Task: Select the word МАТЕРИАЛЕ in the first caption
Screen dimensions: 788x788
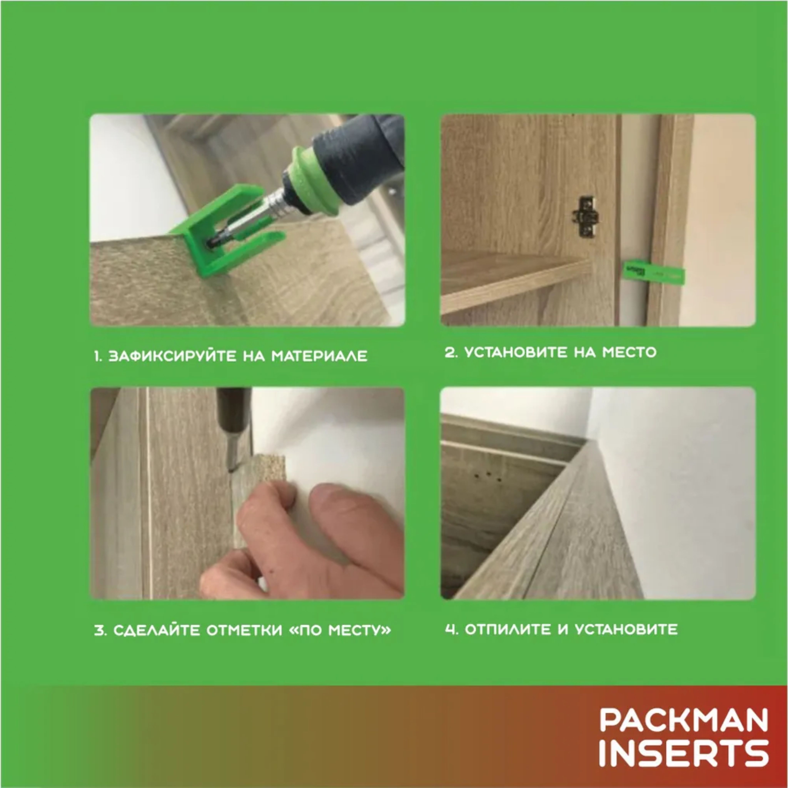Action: coord(319,356)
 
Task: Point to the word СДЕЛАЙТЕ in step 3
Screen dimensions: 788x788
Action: coord(156,630)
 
